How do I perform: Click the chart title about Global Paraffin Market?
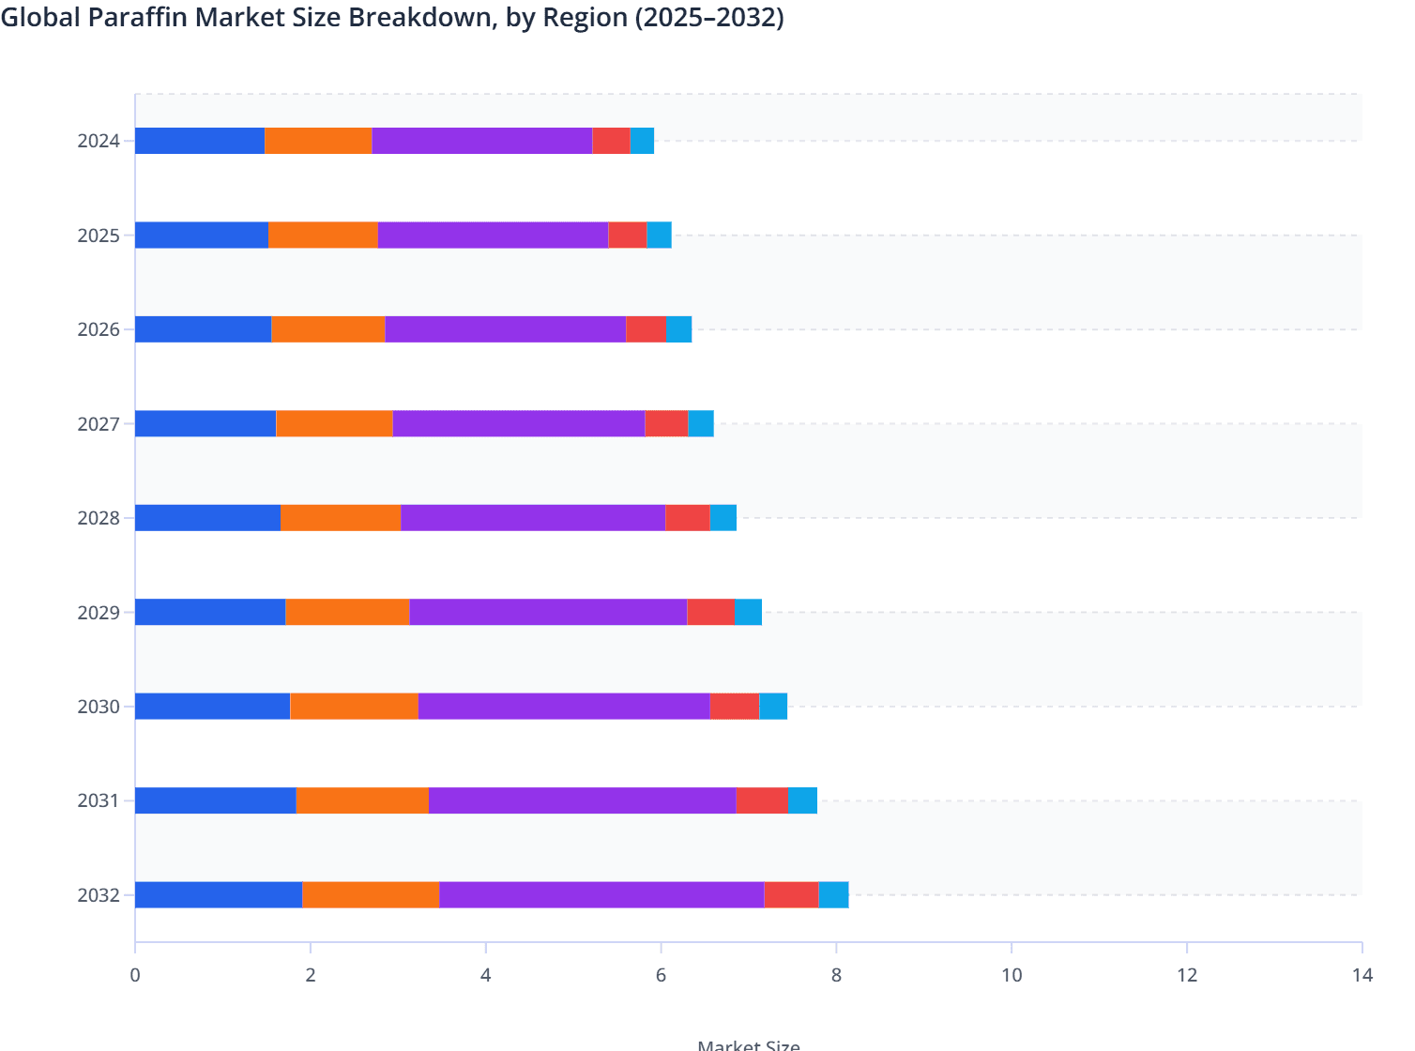392,18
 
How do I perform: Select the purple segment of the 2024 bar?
481,141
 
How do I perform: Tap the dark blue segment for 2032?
218,894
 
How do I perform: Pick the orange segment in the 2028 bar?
341,518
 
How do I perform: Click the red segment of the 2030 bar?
734,706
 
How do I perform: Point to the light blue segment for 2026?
678,329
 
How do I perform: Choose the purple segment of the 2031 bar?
582,800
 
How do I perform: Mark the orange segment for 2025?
323,235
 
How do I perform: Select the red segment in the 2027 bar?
666,423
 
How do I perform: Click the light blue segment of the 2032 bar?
833,894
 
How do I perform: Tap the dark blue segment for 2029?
210,612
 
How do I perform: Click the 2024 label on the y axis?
99,142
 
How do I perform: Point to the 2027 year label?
99,424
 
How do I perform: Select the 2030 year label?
99,707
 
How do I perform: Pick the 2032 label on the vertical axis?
99,895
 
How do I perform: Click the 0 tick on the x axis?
135,975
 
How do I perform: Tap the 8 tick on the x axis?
836,975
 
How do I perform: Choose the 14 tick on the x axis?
1362,975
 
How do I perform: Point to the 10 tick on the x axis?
1012,975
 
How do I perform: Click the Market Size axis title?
748,1043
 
